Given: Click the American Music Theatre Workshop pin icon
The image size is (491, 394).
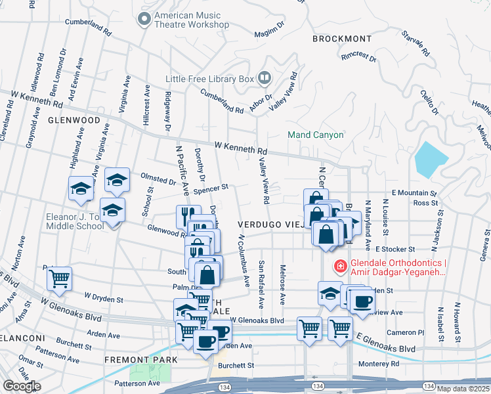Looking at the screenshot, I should tap(144, 19).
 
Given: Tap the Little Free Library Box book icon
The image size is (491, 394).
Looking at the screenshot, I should tap(264, 79).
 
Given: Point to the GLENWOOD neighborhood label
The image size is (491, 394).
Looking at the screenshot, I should tap(74, 121).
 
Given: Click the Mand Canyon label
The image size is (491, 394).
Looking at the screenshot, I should tap(316, 135).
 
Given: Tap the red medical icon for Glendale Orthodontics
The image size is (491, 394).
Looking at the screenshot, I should tap(340, 266).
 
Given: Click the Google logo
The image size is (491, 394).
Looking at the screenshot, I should tap(22, 386).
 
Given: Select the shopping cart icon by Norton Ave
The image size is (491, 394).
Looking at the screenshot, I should tap(60, 278).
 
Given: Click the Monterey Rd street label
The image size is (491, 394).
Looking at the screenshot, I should tap(379, 364).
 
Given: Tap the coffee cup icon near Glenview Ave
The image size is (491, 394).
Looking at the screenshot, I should tap(361, 302).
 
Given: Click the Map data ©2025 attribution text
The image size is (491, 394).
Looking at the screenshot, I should tap(463, 389).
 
